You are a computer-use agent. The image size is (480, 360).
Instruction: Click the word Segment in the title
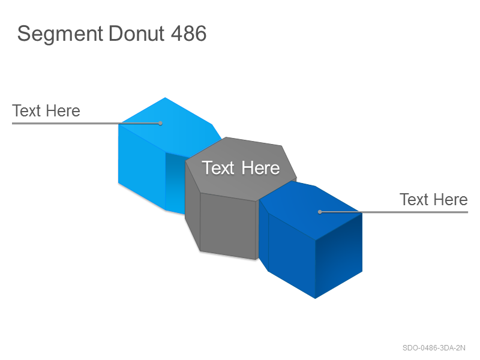60,34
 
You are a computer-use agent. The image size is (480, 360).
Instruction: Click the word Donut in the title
137,33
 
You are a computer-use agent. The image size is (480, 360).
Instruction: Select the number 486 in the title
188,33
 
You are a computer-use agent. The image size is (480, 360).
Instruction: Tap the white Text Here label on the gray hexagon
241,168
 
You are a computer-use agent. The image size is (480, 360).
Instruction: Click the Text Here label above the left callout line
46,110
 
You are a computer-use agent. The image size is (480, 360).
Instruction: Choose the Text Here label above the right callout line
433,200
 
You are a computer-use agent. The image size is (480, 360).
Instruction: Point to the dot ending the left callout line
160,124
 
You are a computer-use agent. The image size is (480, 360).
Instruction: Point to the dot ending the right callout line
320,212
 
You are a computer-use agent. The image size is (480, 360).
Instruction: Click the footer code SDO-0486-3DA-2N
434,348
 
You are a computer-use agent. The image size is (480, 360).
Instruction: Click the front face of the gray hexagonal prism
228,227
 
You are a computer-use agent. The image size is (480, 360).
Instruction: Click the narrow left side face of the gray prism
193,206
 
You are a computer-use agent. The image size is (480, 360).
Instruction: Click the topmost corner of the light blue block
166,98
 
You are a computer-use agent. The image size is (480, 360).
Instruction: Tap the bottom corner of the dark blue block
315,298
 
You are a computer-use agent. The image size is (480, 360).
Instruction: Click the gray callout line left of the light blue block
86,124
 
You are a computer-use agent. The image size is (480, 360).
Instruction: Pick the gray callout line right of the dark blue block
394,212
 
